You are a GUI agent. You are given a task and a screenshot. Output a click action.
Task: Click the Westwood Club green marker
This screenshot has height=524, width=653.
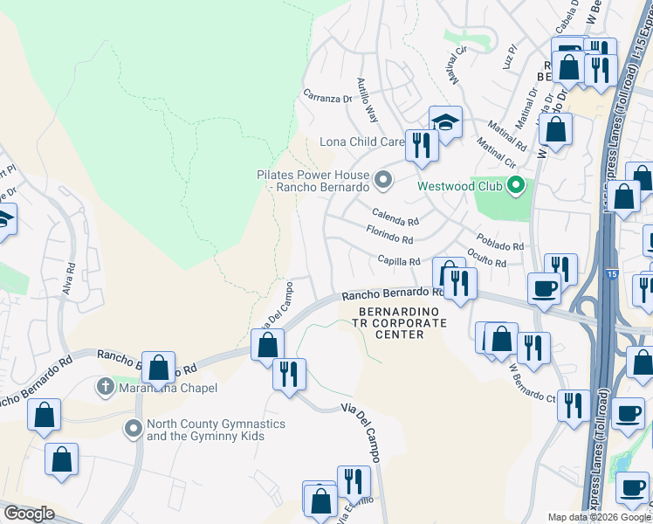(x=516, y=185)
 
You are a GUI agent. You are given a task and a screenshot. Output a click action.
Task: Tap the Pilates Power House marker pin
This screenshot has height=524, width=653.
(x=382, y=181)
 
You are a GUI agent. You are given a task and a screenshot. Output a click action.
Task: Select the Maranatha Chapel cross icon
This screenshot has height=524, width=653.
(x=105, y=385)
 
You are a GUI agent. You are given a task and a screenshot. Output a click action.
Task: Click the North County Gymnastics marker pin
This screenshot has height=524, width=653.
(x=133, y=429)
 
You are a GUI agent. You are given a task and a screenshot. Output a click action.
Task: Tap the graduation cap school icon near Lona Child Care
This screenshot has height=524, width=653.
(x=445, y=121)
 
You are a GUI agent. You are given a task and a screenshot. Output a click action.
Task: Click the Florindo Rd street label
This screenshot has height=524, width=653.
(x=389, y=236)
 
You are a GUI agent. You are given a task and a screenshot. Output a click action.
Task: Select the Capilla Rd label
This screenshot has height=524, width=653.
(x=399, y=259)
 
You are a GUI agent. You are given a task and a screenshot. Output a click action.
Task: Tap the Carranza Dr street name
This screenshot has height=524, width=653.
(x=327, y=98)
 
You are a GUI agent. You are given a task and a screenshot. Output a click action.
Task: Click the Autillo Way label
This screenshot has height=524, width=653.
(x=367, y=100)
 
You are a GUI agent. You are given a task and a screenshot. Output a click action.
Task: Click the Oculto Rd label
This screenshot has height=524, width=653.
(x=487, y=259)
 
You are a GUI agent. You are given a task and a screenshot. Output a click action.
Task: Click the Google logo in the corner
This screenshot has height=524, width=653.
(x=29, y=514)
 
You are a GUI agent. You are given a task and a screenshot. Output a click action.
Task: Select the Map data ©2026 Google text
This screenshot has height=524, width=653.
(x=600, y=517)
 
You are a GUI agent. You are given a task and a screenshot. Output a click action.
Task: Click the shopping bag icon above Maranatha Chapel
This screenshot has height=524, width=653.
(x=158, y=368)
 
